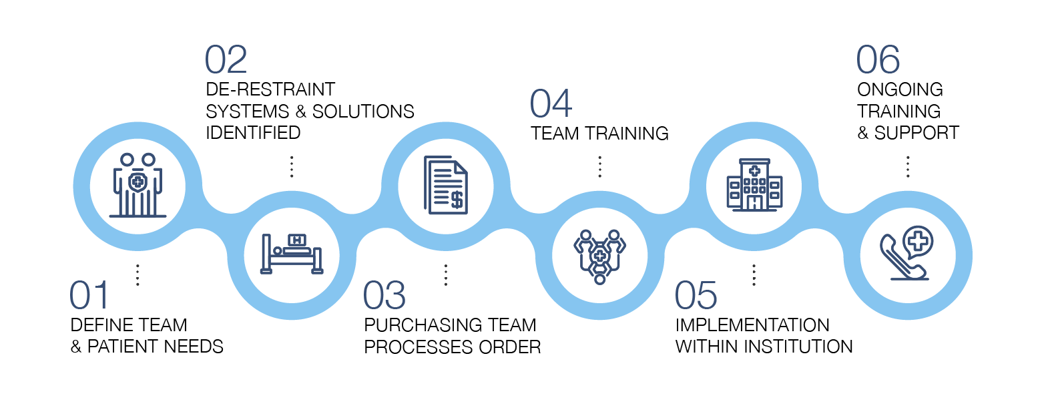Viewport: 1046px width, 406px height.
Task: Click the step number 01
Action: [89, 296]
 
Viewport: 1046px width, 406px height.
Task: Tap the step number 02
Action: [226, 60]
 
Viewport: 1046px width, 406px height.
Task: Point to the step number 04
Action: [551, 104]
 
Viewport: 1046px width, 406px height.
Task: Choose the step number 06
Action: [878, 60]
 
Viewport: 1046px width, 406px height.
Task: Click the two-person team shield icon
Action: [138, 185]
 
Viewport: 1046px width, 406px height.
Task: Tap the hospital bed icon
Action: [292, 253]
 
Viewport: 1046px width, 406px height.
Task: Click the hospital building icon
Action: [754, 185]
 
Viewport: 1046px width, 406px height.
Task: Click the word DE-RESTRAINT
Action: [270, 89]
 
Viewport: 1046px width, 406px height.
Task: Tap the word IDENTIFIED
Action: [253, 132]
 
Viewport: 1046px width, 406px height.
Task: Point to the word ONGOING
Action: [900, 89]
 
